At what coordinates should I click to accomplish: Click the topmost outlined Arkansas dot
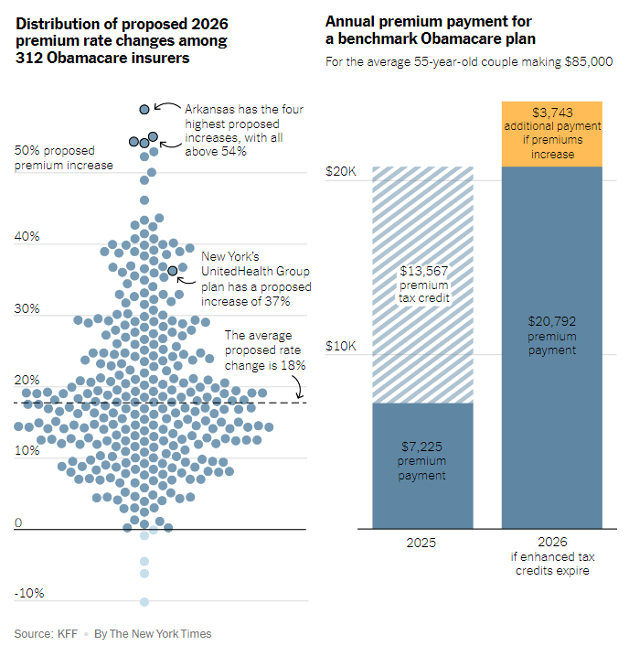coord(144,109)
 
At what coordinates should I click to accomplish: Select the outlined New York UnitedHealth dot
coord(173,271)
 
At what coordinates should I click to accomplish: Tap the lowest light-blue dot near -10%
coord(144,602)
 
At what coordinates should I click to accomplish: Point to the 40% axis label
coord(27,236)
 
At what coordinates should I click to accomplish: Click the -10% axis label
coord(29,593)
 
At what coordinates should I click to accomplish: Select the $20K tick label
coord(341,171)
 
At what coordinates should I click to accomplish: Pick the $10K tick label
coord(341,346)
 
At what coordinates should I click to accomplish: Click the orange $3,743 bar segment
coord(552,134)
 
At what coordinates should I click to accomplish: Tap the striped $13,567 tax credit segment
coord(422,285)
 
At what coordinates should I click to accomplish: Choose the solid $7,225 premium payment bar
coord(422,466)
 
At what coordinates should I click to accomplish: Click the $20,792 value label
coord(552,321)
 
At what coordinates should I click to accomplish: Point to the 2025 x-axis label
coord(421,543)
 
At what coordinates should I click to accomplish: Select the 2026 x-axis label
coord(552,542)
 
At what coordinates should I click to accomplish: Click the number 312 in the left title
coord(29,58)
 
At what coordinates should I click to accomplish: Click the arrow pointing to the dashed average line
coord(298,386)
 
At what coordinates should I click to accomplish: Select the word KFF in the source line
coord(68,633)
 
